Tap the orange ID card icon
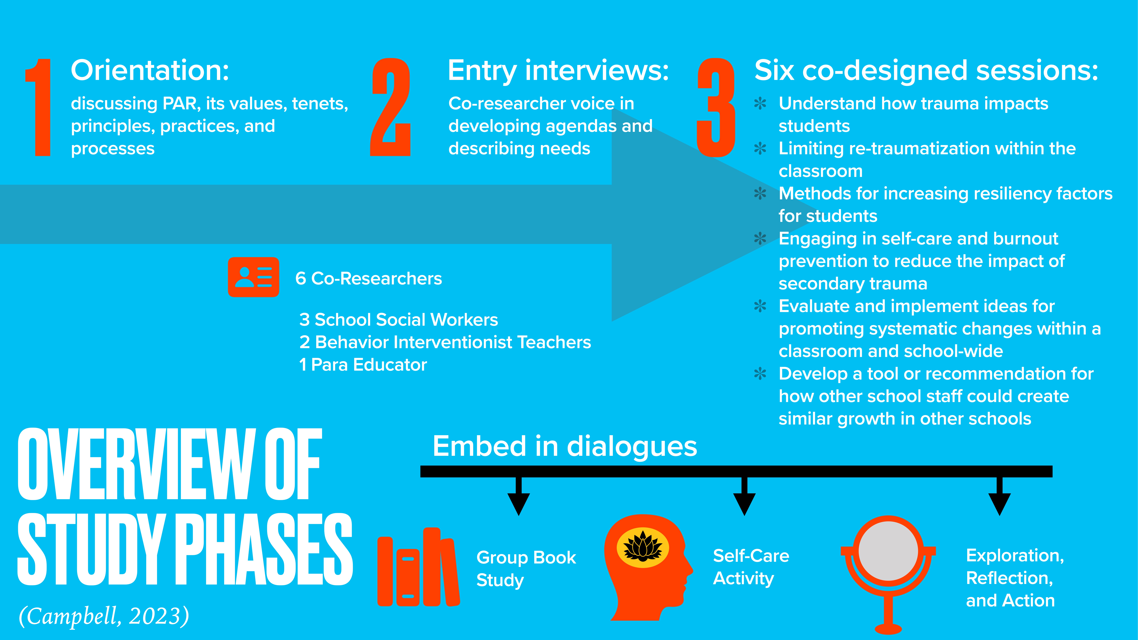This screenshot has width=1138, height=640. (253, 277)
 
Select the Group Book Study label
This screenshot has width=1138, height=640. (526, 568)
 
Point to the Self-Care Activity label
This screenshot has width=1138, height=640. (751, 567)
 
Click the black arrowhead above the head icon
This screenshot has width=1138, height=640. (744, 503)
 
